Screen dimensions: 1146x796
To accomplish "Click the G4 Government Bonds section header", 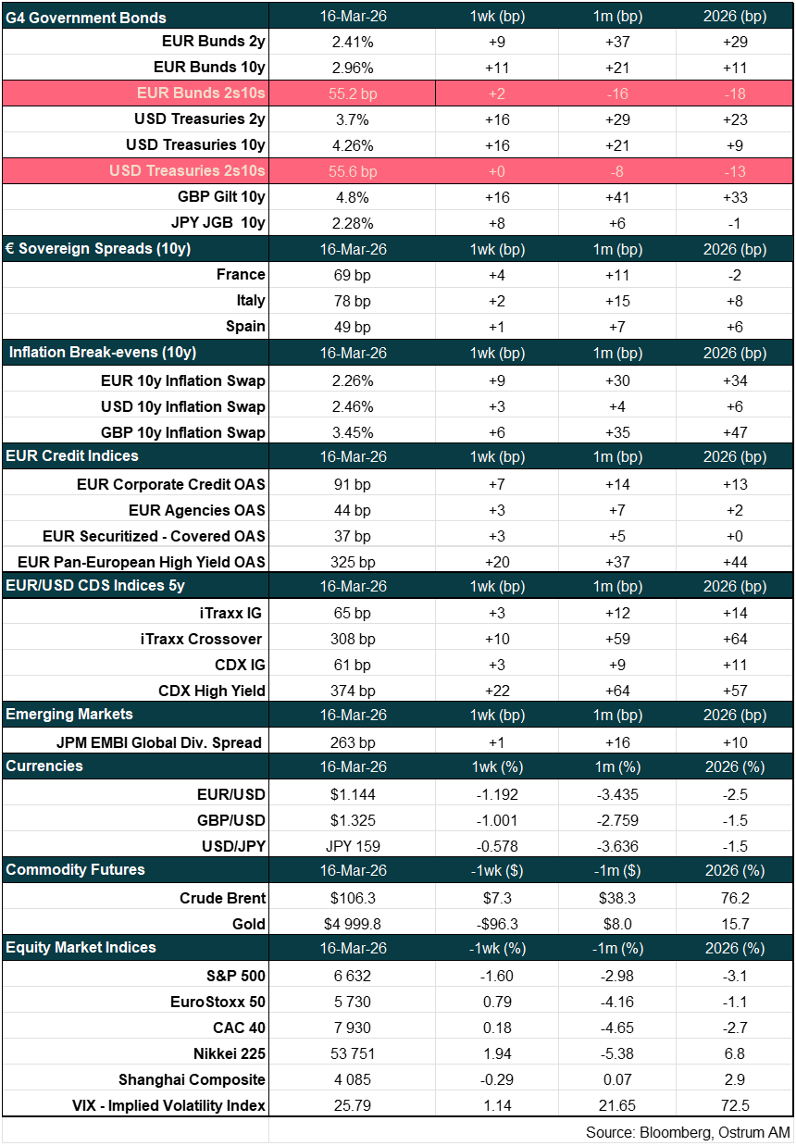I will tap(86, 17).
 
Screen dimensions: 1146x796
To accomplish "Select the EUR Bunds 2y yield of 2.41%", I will tap(352, 42).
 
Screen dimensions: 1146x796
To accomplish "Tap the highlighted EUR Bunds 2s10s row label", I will tap(201, 93).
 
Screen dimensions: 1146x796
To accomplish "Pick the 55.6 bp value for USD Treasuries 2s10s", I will tap(352, 171).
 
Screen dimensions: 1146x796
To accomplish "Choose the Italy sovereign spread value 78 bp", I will tap(352, 301).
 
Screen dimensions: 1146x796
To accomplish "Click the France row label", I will tap(241, 275).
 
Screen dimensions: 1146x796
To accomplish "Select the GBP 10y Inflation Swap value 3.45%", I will tap(352, 432).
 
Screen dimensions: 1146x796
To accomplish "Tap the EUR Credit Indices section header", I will tap(72, 456).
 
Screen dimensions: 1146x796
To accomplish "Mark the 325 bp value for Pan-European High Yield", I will tap(352, 562).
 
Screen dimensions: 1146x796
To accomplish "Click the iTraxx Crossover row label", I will tap(212, 639).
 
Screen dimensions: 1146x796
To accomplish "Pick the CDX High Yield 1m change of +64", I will tap(622, 691).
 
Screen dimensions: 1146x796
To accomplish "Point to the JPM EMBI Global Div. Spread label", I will tap(159, 742).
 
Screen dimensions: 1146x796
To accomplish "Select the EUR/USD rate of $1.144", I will tap(352, 794).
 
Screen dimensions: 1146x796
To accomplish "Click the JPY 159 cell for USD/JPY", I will tap(352, 846).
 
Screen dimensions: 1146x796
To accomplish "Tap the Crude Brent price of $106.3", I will tap(352, 898).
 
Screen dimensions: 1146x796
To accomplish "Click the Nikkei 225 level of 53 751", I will tap(352, 1053).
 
